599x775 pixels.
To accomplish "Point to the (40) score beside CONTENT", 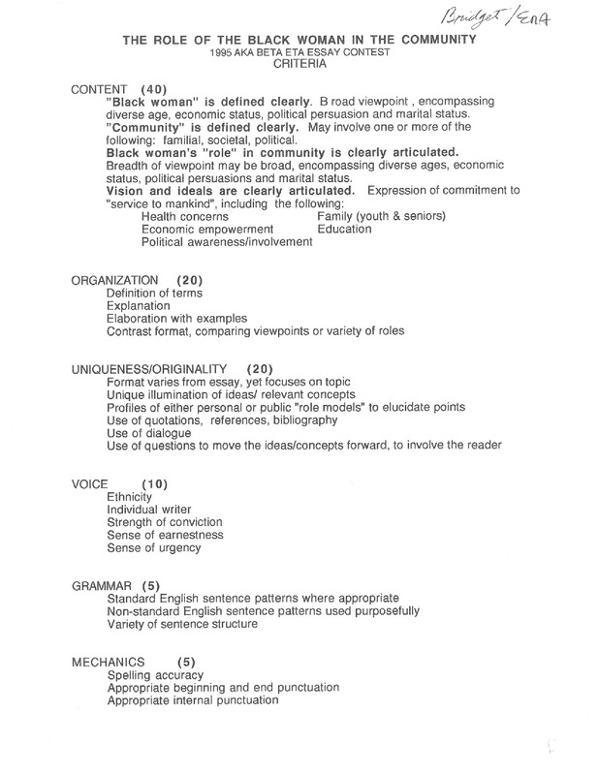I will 158,89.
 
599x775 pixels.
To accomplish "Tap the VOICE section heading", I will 90,482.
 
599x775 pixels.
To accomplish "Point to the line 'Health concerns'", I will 185,217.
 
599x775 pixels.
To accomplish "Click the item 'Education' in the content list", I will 344,230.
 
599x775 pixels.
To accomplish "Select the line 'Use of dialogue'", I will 151,432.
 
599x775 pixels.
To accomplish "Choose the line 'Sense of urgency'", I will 154,547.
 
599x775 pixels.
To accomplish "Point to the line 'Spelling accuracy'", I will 155,674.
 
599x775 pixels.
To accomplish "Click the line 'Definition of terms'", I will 161,293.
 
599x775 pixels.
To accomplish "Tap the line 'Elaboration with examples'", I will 176,318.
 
